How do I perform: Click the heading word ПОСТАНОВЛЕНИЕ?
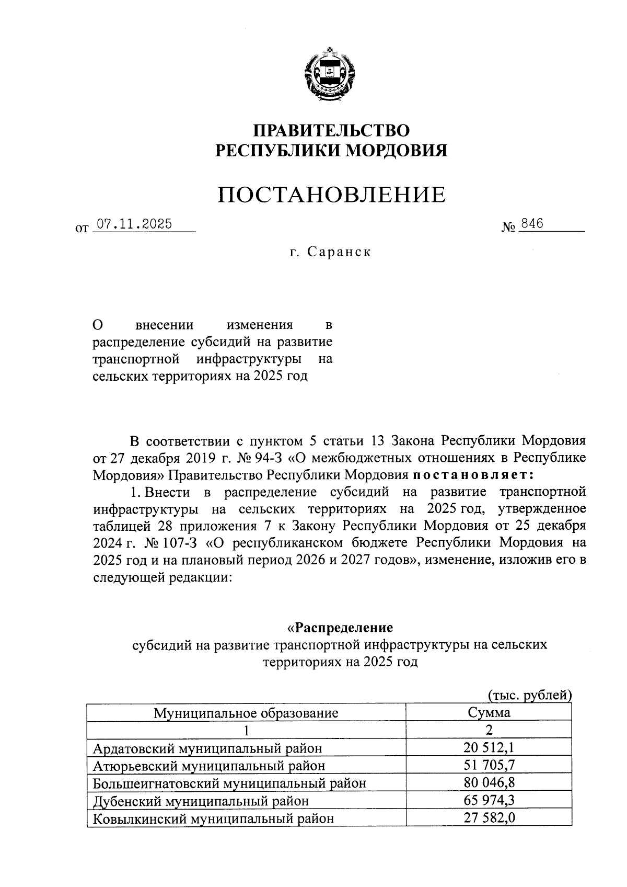pyautogui.click(x=331, y=195)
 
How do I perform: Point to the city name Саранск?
pyautogui.click(x=339, y=252)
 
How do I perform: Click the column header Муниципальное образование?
pyautogui.click(x=246, y=712)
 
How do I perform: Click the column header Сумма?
pyautogui.click(x=489, y=712)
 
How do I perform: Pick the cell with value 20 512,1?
pyautogui.click(x=489, y=748)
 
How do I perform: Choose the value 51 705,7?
pyautogui.click(x=489, y=765)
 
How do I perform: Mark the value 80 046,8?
pyautogui.click(x=489, y=783)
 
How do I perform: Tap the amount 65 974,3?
pyautogui.click(x=489, y=800)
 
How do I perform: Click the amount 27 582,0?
pyautogui.click(x=489, y=817)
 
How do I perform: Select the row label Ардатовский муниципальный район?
pyautogui.click(x=207, y=748)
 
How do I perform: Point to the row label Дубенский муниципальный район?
pyautogui.click(x=201, y=801)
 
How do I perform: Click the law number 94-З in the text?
pyautogui.click(x=270, y=458)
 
